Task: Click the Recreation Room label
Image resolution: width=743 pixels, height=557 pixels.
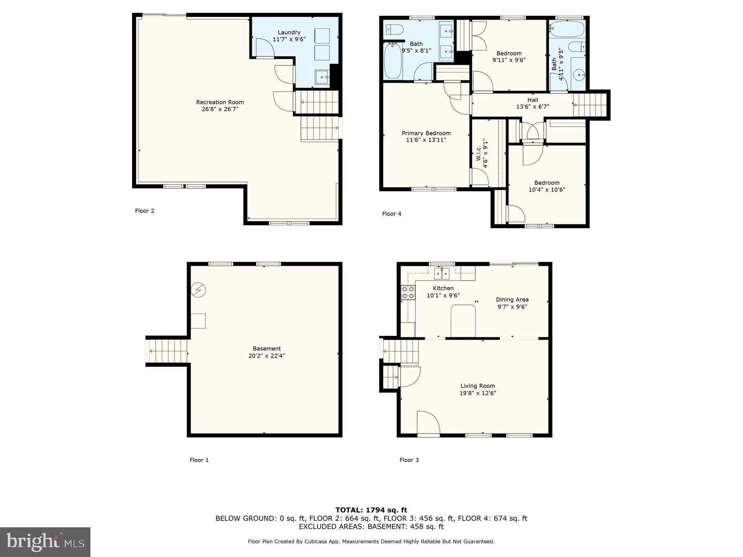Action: (220, 102)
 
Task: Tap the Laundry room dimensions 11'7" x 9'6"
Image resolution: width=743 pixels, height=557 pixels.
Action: (289, 39)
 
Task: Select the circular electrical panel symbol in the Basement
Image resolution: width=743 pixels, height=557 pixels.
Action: (198, 290)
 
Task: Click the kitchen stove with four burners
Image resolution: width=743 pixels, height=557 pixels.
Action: (408, 293)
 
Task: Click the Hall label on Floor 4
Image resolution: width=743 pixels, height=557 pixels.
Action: (532, 100)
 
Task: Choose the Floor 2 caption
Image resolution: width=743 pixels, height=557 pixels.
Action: (144, 211)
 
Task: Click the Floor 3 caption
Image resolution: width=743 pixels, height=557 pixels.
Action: (409, 460)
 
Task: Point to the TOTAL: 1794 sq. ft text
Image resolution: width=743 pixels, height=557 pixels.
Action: (371, 510)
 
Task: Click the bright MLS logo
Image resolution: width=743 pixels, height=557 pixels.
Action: (45, 542)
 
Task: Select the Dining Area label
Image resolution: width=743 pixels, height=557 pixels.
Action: (512, 300)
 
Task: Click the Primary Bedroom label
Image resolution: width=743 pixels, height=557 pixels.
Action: (426, 133)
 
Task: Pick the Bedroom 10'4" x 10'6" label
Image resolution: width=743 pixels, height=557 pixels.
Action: (547, 183)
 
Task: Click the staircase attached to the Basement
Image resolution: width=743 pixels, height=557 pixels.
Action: (168, 351)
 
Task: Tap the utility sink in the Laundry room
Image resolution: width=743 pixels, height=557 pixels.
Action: (322, 77)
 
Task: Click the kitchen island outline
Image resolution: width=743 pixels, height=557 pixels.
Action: (463, 321)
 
